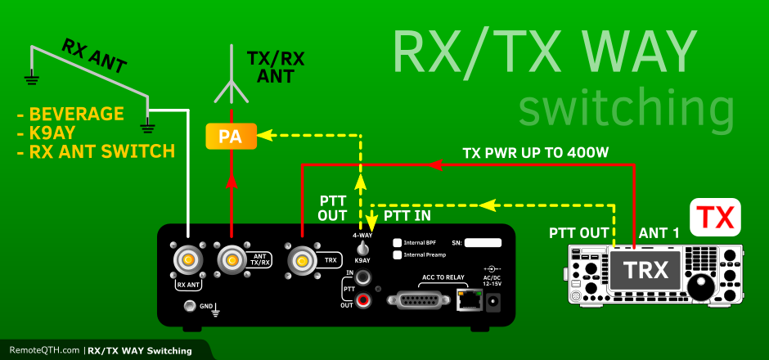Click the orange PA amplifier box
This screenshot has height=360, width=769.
tap(232, 136)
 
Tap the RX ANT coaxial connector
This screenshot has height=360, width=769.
tap(188, 261)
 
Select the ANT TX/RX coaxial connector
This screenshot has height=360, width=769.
tap(232, 261)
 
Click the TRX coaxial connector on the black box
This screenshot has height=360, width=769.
tap(303, 261)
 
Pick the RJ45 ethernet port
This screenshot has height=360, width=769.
tap(469, 300)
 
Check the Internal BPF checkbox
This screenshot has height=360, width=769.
tap(398, 243)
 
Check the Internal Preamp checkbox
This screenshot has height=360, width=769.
tap(398, 255)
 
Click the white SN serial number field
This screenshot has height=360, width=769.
tap(477, 243)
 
